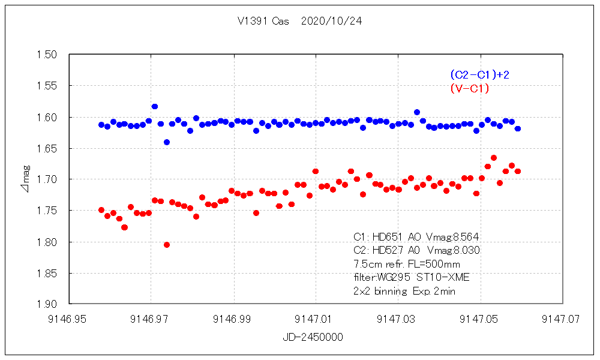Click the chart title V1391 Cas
263,21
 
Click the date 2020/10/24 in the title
331,21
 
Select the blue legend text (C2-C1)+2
479,75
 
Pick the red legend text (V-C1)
469,89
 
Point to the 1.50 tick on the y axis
47,55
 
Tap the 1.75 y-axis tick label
47,211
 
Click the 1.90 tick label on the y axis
47,304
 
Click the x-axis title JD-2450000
313,337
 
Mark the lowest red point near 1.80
167,245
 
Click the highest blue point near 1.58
155,106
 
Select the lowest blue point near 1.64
167,142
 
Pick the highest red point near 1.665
494,158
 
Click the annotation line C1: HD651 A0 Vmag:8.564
416,236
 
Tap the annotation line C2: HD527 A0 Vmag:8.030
416,250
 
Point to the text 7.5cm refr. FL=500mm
407,264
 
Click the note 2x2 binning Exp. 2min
404,291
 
